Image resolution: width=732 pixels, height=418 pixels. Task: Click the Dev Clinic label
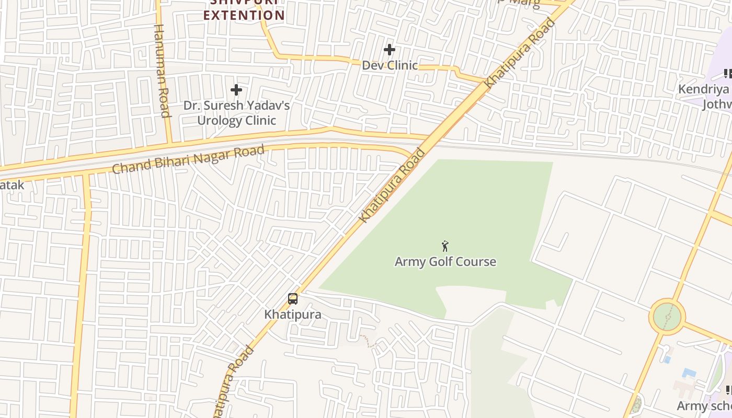[x=390, y=65]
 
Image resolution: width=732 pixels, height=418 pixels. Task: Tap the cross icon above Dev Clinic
[x=390, y=50]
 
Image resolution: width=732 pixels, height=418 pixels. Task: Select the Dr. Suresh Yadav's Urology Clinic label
[x=236, y=113]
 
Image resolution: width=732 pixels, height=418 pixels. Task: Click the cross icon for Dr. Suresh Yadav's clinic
[x=236, y=90]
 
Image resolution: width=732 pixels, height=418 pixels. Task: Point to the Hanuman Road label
[x=162, y=71]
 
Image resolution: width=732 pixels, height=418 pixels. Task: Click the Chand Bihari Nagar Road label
[x=188, y=160]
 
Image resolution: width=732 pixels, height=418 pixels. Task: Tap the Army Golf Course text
[x=445, y=262]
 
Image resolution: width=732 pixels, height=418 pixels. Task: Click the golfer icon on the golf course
[x=445, y=246]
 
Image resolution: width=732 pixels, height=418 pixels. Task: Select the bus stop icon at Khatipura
[x=293, y=299]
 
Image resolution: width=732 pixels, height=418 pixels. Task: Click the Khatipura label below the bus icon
[x=293, y=315]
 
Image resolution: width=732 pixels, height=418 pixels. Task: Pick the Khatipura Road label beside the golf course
[x=393, y=186]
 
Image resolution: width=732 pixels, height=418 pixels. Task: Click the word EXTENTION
[x=244, y=15]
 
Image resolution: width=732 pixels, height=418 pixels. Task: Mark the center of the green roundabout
[x=667, y=317]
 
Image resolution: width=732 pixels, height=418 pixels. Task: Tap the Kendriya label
[x=703, y=89]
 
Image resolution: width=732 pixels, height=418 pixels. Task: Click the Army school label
[x=704, y=406]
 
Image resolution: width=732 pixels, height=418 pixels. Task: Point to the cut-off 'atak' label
[x=12, y=184]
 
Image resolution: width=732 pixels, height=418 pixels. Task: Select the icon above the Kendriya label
[x=727, y=74]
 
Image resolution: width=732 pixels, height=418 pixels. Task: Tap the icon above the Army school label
[x=728, y=390]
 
